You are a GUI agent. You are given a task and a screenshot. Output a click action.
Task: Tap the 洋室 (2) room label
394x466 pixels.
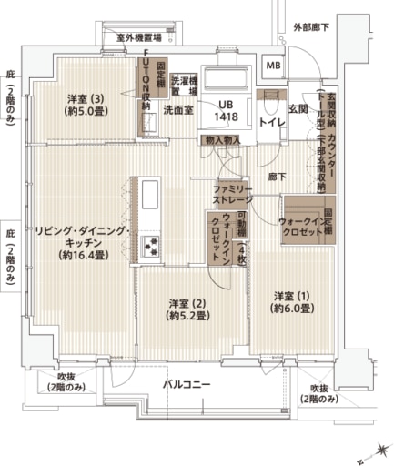tap(188, 302)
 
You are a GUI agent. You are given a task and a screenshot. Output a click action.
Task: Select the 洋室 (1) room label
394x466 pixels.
tap(293, 296)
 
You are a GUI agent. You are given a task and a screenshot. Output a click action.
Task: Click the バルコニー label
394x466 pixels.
tap(187, 385)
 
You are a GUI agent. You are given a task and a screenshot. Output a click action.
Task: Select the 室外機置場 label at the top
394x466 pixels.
tap(139, 37)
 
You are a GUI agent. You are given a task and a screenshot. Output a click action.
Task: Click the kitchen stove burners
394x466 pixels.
tap(150, 244)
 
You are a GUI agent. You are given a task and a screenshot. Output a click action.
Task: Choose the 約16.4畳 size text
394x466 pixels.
tap(82, 256)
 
